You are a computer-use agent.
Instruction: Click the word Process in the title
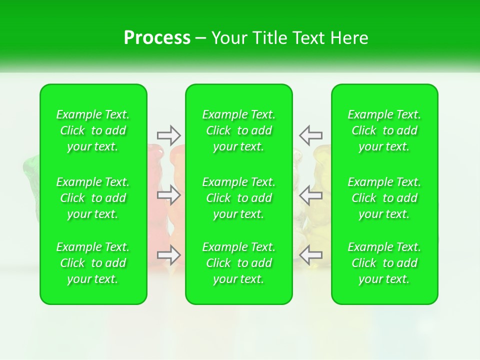pyautogui.click(x=157, y=38)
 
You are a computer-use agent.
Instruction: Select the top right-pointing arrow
pyautogui.click(x=169, y=135)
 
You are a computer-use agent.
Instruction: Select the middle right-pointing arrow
pyautogui.click(x=169, y=195)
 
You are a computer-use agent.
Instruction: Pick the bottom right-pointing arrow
pyautogui.click(x=169, y=255)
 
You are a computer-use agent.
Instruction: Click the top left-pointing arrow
pyautogui.click(x=310, y=135)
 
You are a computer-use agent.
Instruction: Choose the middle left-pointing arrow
pyautogui.click(x=310, y=195)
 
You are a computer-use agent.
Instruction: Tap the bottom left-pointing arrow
pyautogui.click(x=310, y=255)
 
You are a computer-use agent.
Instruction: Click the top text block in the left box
pyautogui.click(x=93, y=130)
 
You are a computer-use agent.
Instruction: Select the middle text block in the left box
pyautogui.click(x=93, y=198)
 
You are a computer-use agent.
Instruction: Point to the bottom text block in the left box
pyautogui.click(x=93, y=263)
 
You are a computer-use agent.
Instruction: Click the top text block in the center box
pyautogui.click(x=239, y=130)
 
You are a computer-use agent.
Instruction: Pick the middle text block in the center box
pyautogui.click(x=239, y=198)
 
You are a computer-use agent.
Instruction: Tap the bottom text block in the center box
pyautogui.click(x=239, y=263)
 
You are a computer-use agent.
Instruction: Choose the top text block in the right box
pyautogui.click(x=384, y=130)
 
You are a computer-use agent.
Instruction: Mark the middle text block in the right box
pyautogui.click(x=384, y=198)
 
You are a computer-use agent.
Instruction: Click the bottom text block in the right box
pyautogui.click(x=384, y=263)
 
